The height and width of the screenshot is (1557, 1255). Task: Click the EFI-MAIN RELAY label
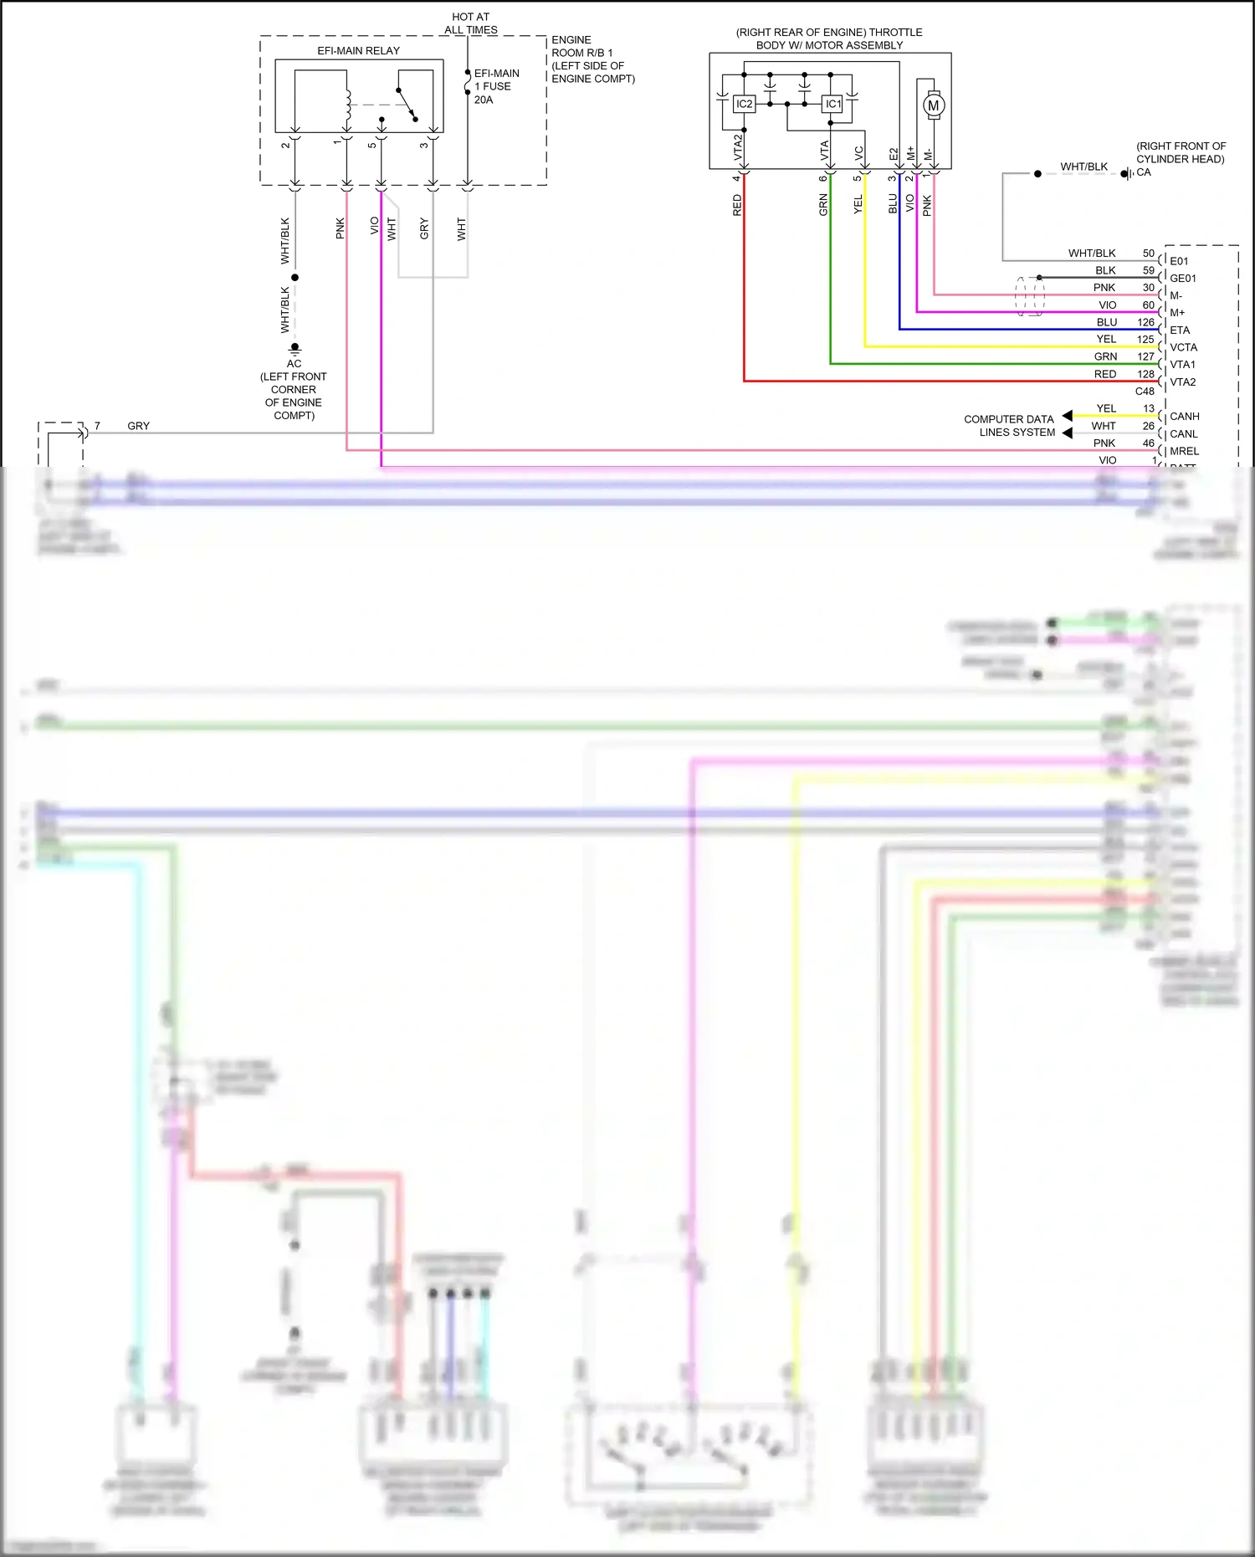(x=358, y=51)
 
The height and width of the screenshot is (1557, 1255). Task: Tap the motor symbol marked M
(x=934, y=105)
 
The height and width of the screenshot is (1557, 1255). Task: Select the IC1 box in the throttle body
(x=832, y=104)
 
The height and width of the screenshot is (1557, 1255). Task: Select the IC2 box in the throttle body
(x=744, y=104)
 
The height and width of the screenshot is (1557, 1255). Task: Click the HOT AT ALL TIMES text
(x=471, y=23)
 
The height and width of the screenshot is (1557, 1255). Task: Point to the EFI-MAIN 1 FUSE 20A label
(x=496, y=86)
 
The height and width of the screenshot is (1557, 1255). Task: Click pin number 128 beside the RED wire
(x=1145, y=374)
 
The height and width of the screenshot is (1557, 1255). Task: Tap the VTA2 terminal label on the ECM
(x=1182, y=382)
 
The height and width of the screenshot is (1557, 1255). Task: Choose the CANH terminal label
(x=1184, y=417)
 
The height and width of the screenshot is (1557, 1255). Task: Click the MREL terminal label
(x=1184, y=451)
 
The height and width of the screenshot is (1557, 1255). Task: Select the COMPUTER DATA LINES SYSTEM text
(x=1010, y=426)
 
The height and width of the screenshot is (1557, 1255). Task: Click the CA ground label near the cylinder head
(x=1143, y=172)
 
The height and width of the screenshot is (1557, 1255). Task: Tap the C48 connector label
(x=1144, y=392)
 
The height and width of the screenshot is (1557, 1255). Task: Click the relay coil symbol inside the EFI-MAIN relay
(x=347, y=104)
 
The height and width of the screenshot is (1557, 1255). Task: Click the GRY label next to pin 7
(x=138, y=426)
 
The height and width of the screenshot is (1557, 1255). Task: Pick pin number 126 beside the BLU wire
(x=1145, y=322)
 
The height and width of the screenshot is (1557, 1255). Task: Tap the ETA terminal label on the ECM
(x=1180, y=330)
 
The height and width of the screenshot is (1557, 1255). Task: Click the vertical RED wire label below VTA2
(x=737, y=206)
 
